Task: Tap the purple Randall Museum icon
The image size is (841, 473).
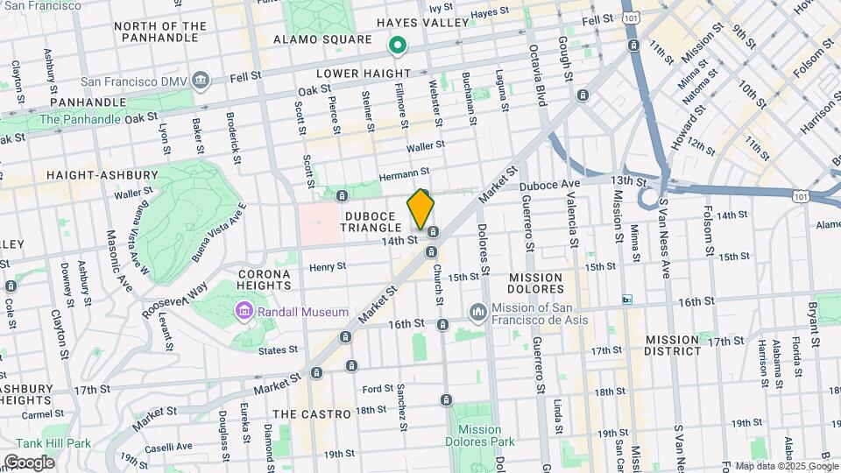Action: tap(243, 312)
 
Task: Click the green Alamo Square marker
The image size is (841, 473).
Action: tap(397, 42)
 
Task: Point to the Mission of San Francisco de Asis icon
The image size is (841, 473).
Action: tap(477, 312)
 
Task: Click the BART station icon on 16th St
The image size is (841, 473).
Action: tap(626, 300)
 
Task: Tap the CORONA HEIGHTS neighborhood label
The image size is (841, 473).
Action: tap(264, 279)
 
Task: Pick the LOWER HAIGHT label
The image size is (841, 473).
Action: tap(363, 73)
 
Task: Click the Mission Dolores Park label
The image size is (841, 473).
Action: tap(479, 430)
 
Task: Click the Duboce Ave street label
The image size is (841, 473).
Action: tap(550, 186)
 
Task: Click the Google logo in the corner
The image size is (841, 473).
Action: tap(28, 462)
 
